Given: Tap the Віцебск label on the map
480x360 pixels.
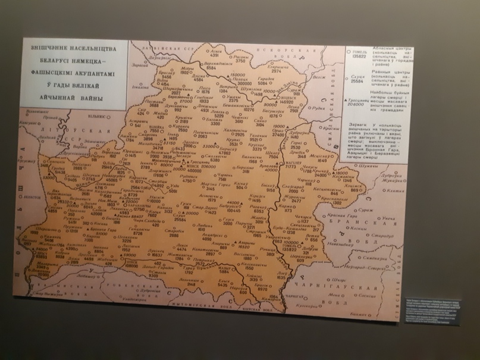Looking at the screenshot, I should pos(287,96).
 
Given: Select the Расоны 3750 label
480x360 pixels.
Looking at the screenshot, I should pos(241,57).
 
